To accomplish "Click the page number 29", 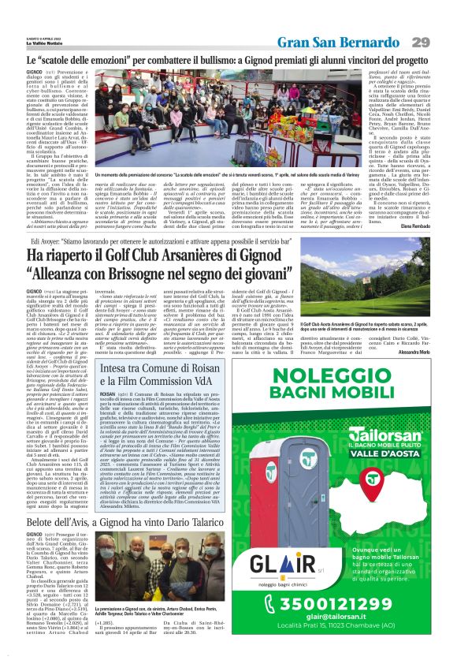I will [420, 41].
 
